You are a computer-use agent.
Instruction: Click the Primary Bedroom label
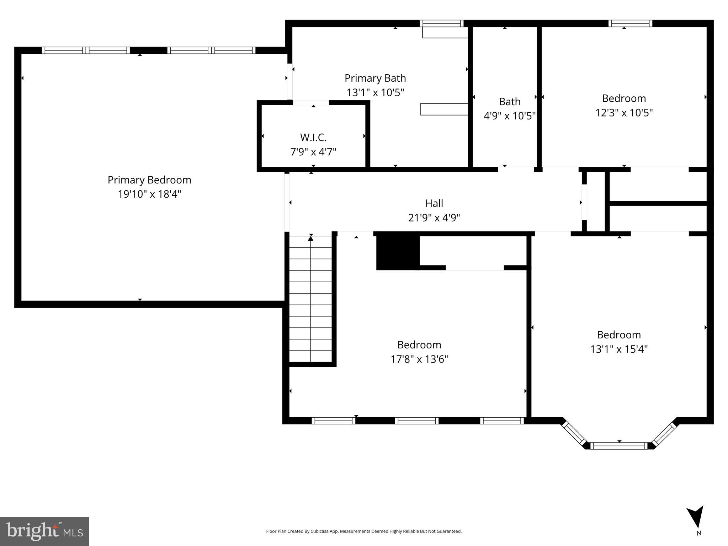click(x=149, y=180)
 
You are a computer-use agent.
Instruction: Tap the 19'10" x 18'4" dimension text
click(x=149, y=194)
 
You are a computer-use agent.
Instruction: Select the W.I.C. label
click(x=313, y=137)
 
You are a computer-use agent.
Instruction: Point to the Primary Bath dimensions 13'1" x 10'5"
click(x=375, y=93)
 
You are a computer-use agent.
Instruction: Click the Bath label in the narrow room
click(x=510, y=102)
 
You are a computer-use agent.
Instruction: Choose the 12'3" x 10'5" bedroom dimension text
click(x=624, y=113)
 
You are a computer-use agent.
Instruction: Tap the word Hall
click(x=434, y=203)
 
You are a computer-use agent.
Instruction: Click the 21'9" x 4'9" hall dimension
click(x=434, y=218)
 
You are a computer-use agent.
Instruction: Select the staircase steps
click(x=310, y=299)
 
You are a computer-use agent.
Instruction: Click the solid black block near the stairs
click(x=398, y=251)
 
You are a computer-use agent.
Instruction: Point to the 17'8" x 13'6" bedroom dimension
click(x=419, y=359)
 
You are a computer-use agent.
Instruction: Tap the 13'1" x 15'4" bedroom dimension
click(x=619, y=349)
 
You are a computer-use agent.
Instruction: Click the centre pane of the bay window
click(x=619, y=446)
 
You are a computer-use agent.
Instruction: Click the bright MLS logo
click(x=44, y=531)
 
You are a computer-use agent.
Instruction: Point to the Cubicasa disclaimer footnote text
click(x=364, y=531)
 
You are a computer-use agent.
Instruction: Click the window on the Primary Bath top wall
click(x=442, y=24)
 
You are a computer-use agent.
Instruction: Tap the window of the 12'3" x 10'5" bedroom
click(x=630, y=24)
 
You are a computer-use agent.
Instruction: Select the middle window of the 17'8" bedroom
click(x=416, y=421)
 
